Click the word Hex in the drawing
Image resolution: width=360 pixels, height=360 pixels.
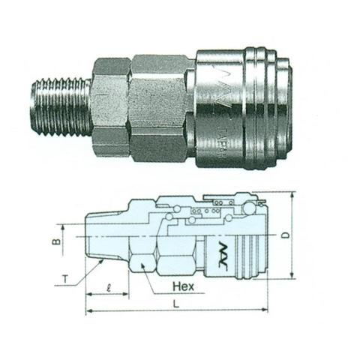coord(183,286)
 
